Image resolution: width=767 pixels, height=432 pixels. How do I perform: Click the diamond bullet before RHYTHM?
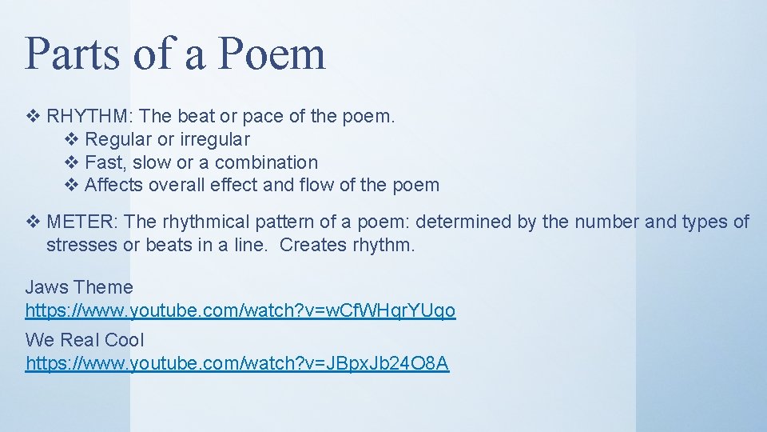[32, 116]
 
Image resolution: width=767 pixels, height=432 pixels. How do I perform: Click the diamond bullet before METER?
[32, 222]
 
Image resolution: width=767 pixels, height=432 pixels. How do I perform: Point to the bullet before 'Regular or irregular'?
[70, 139]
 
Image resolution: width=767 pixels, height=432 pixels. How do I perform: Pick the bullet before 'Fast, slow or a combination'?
[70, 162]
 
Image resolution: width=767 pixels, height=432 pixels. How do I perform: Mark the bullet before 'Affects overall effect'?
[70, 186]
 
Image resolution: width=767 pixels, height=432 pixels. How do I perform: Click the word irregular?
[214, 139]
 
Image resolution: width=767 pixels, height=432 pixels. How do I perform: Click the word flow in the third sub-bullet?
[317, 186]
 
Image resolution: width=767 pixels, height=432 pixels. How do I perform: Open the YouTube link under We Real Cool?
[237, 364]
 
